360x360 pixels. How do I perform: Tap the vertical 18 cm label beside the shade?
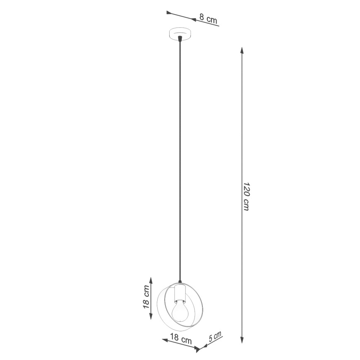146,297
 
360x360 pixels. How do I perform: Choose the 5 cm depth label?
215,337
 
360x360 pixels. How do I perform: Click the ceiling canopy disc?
180,34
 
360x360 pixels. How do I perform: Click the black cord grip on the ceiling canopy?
180,39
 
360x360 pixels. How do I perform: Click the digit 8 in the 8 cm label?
202,17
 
